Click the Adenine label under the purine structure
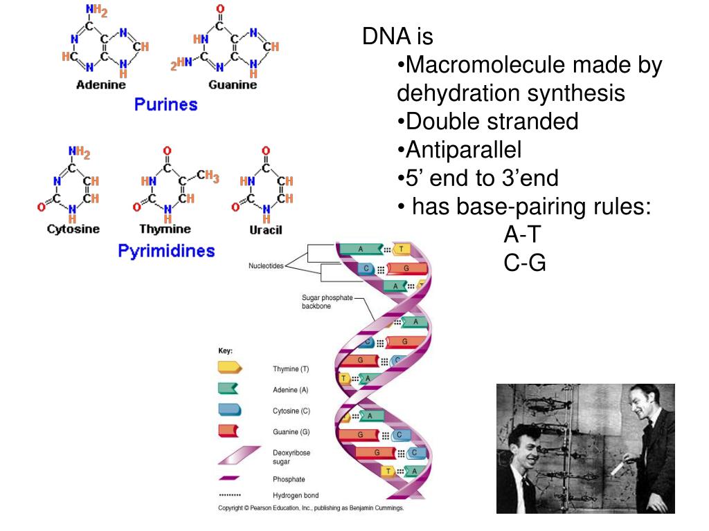click(x=100, y=84)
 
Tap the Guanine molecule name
click(x=232, y=84)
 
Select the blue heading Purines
click(x=165, y=104)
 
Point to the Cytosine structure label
click(x=73, y=229)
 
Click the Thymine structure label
click(x=165, y=229)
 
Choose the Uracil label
click(x=266, y=230)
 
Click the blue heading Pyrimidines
click(x=166, y=250)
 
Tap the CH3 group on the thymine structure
click(x=207, y=177)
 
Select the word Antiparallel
click(x=463, y=149)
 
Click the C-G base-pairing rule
click(x=525, y=263)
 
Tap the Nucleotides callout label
click(x=266, y=266)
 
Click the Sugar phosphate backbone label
click(x=327, y=301)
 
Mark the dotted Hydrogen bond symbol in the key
click(x=230, y=495)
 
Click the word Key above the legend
click(x=226, y=351)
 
